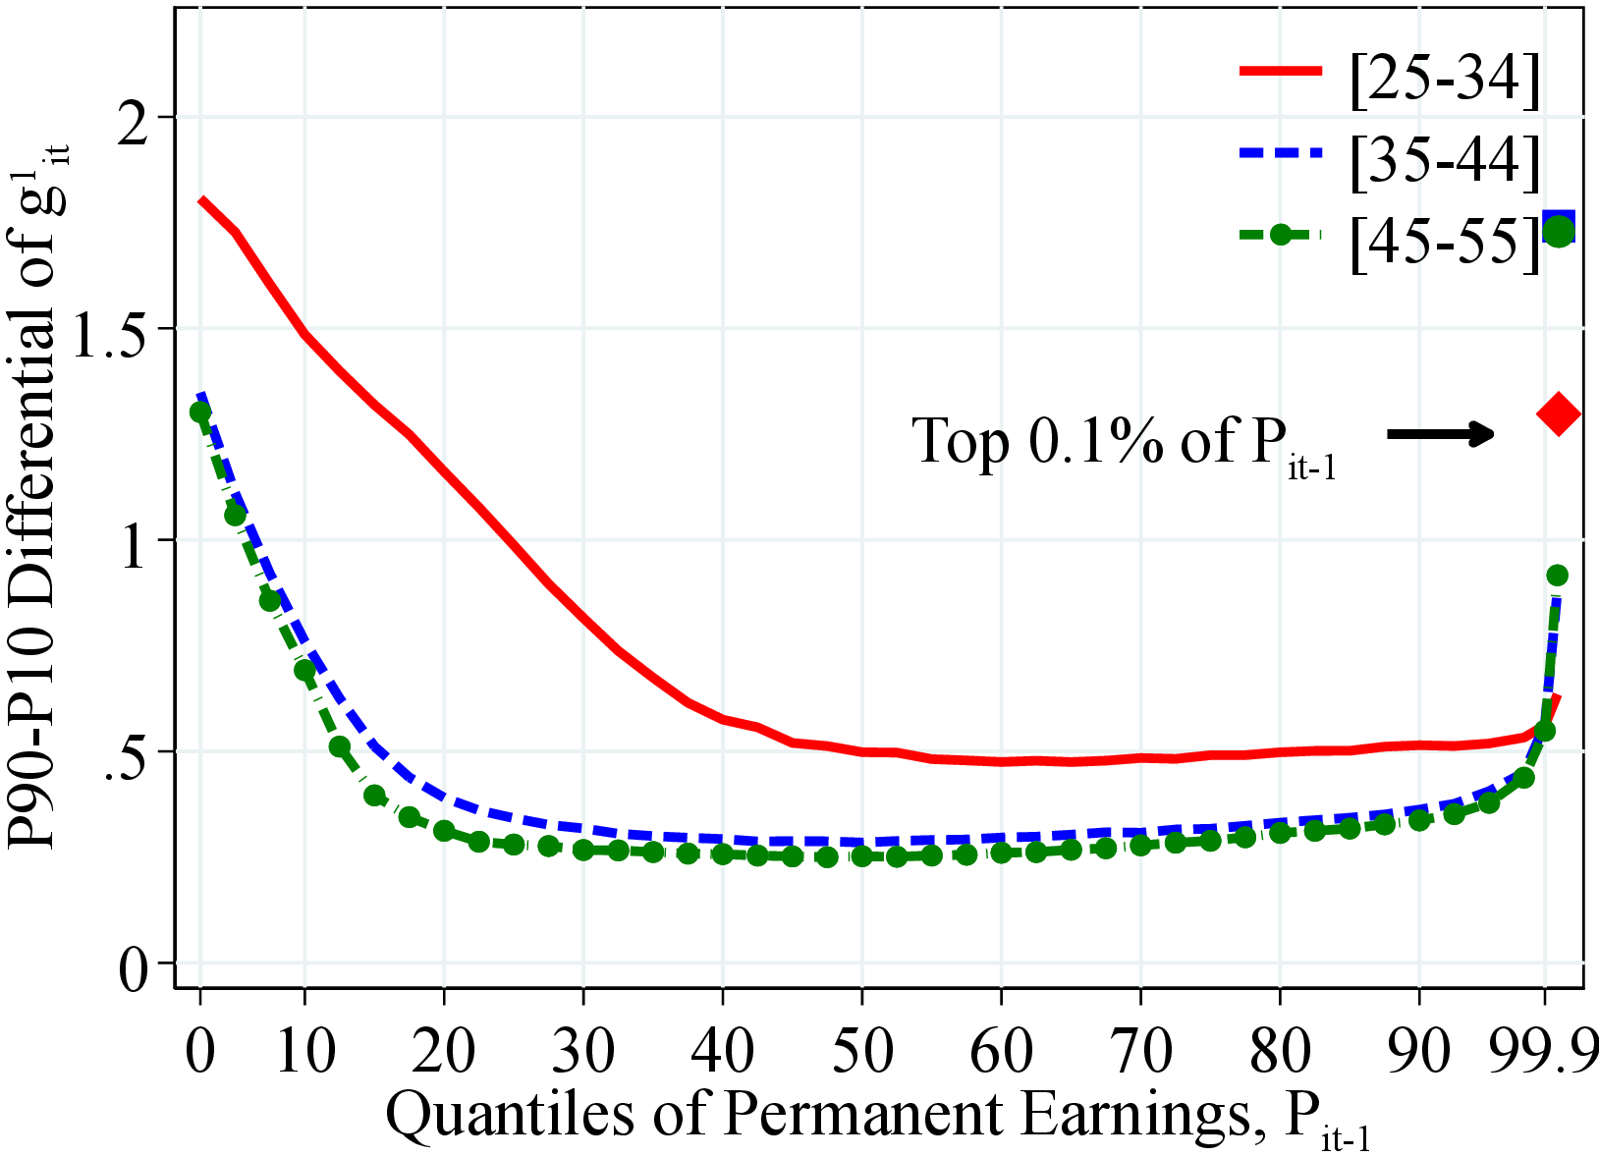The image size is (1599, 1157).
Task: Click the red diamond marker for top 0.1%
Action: pos(1558,413)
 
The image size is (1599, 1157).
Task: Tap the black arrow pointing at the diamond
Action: pos(1441,433)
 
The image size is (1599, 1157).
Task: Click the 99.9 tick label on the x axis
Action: pos(1544,1050)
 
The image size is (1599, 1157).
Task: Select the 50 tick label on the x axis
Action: pos(861,1050)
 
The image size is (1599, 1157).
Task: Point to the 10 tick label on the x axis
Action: pos(304,1050)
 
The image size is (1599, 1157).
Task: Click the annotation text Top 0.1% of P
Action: pos(1125,442)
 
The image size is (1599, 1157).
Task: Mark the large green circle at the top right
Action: pos(1559,231)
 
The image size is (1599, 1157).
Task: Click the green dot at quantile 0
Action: pos(200,412)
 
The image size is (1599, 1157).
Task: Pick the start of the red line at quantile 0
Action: pos(201,201)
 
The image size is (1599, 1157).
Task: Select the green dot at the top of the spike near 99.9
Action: pos(1557,575)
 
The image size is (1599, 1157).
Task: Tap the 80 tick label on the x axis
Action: pos(1280,1050)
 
